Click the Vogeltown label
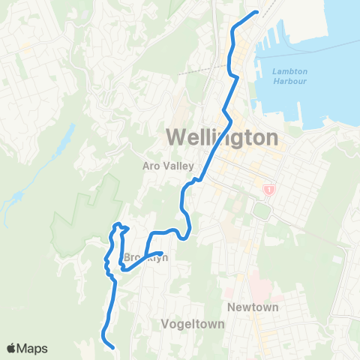(x=188, y=324)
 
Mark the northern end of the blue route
(x=256, y=12)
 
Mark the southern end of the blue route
(x=112, y=347)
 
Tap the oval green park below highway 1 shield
(x=262, y=211)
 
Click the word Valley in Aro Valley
(x=179, y=166)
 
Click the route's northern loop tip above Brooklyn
(x=117, y=224)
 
